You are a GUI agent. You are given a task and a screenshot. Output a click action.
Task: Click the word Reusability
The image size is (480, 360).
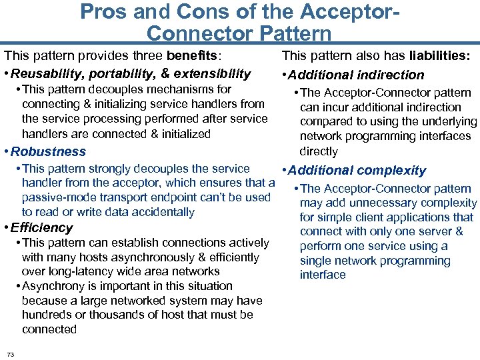(49, 74)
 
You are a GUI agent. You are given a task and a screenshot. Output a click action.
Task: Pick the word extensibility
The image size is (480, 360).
(213, 74)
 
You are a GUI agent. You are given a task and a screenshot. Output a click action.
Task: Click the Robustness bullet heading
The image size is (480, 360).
(49, 152)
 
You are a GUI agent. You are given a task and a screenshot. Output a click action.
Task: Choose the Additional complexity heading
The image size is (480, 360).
(357, 171)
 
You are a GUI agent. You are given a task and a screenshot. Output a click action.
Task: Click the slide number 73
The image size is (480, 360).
(11, 353)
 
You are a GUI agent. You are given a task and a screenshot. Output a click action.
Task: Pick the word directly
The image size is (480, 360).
(319, 151)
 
